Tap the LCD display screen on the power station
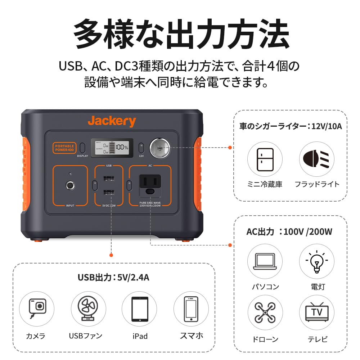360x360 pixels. tap(112, 148)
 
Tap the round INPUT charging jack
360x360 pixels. tap(70, 186)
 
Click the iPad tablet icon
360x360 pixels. tap(139, 309)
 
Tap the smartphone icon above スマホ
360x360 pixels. tap(191, 309)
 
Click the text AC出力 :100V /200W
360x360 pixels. tap(289, 231)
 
